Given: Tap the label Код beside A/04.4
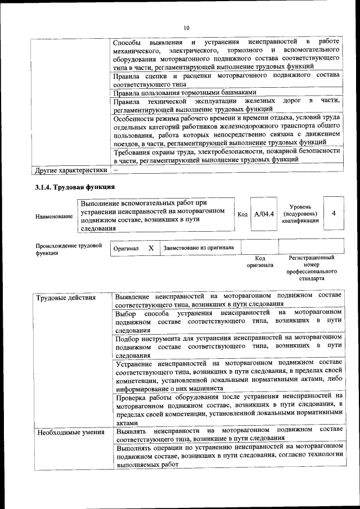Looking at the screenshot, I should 242,214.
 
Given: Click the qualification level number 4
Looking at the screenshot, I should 334,214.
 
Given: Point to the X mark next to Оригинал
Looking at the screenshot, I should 151,247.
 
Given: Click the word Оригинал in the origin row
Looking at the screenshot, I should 126,248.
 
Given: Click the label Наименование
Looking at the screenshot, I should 54,217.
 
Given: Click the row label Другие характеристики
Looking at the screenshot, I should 71,169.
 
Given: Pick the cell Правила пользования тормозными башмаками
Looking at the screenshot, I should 185,92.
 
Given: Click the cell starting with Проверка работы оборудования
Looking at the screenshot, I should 228,409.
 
